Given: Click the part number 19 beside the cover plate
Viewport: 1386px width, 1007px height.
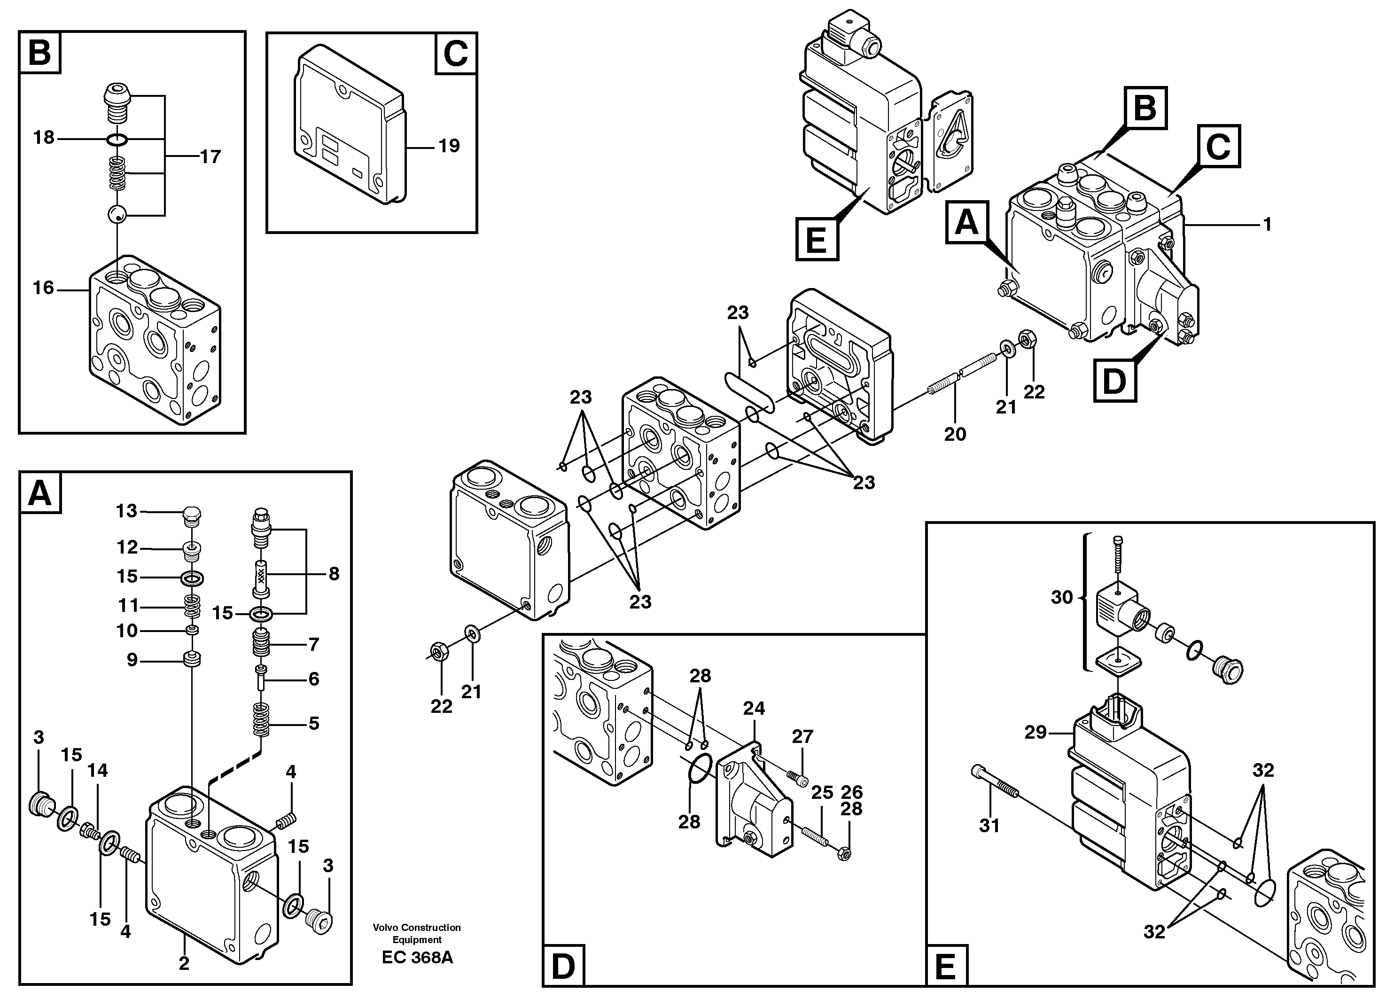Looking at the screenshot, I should coord(449,146).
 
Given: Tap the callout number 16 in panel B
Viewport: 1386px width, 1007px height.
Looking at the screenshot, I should coord(43,288).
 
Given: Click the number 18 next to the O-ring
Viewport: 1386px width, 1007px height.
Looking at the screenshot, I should coord(44,138).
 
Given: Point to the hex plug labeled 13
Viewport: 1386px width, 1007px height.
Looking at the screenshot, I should coord(192,516).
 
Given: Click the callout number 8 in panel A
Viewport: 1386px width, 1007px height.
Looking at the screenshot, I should coord(334,573).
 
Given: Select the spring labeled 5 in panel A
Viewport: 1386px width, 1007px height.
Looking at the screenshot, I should coord(261,719).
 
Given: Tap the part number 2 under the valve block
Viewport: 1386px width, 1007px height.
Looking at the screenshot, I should coord(183,964).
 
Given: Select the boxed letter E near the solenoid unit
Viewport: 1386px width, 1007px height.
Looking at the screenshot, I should coord(817,240).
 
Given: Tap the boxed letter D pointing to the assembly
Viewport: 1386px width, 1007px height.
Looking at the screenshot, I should coord(1114,381).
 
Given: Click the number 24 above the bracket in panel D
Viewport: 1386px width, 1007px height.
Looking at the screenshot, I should coord(754,708).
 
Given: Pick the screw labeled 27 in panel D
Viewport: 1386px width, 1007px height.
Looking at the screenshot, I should coord(797,777).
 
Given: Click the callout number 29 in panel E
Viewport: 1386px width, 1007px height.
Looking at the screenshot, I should coord(1035,732).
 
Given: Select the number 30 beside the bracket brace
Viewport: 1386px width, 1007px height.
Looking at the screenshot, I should coord(1061,597).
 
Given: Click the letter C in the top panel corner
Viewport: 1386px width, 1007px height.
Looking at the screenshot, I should coord(456,54).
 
